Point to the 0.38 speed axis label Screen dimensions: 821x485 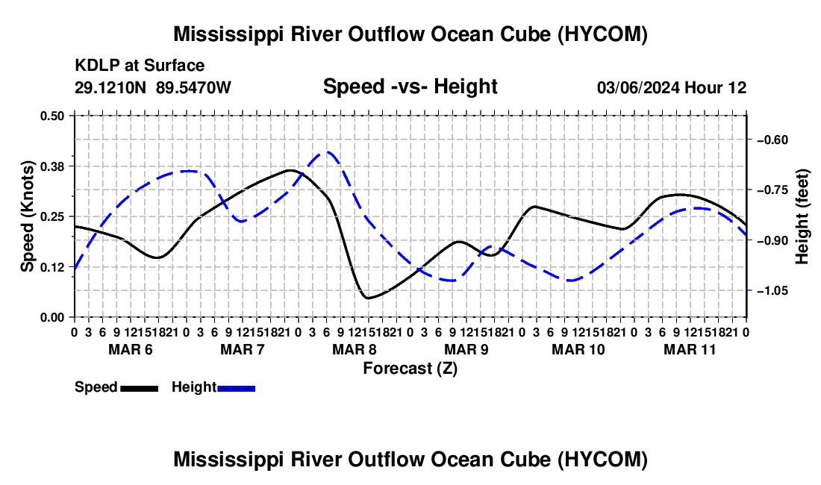(x=51, y=166)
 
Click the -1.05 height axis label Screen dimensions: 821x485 (x=772, y=290)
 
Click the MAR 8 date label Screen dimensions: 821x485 (x=354, y=349)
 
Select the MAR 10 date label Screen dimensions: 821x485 (x=578, y=349)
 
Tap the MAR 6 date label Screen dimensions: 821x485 (x=131, y=349)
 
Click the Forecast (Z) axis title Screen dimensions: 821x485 (x=410, y=369)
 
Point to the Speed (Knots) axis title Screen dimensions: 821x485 (x=27, y=216)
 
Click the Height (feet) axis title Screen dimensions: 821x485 (x=802, y=216)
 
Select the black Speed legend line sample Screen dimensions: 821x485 (x=140, y=389)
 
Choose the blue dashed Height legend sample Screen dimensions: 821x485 (x=236, y=389)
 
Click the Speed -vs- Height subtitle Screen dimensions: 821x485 (x=410, y=87)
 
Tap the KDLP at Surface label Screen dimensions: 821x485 (x=140, y=66)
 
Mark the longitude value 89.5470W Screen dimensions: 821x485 (x=193, y=87)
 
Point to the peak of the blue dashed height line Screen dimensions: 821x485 (x=328, y=152)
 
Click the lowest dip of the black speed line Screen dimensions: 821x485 (x=368, y=298)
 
